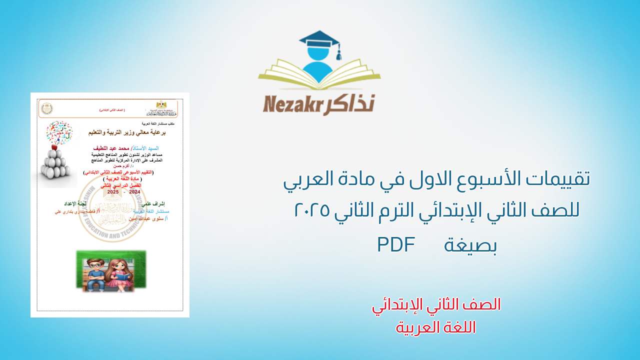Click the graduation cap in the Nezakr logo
coord(319,39)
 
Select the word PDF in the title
coord(396,244)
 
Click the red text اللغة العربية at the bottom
coord(436,327)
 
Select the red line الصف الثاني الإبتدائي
coord(436,304)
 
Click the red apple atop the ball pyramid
coord(54,146)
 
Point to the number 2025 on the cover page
coord(113,192)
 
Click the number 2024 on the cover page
coord(135,192)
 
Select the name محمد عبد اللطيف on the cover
coord(111,148)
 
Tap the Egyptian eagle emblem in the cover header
coord(161,105)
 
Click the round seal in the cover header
coord(46,108)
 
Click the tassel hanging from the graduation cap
coord(338,53)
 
